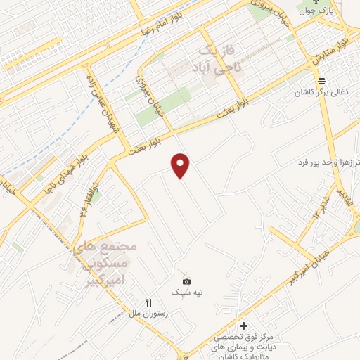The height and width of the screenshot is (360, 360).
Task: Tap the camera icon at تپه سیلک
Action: pos(186,281)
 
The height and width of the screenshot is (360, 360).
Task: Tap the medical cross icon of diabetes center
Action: pos(244,326)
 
